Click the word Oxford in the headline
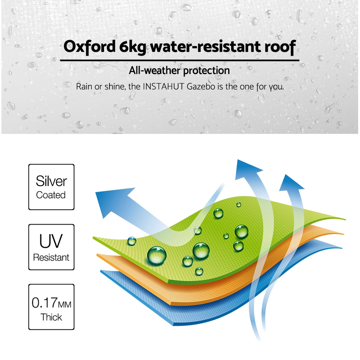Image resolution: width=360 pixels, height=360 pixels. point(90,47)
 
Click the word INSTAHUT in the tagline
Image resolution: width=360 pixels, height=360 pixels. point(163,87)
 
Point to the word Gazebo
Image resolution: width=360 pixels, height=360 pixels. point(201,87)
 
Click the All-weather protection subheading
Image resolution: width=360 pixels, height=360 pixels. point(179,71)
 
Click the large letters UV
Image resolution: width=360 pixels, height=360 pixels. point(51,241)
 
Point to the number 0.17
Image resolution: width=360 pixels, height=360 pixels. point(45,303)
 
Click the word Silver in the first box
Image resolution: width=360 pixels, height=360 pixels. point(51,181)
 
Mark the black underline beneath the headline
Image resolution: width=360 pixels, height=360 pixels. point(180,60)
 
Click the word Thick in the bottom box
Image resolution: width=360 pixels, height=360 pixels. point(51,317)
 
